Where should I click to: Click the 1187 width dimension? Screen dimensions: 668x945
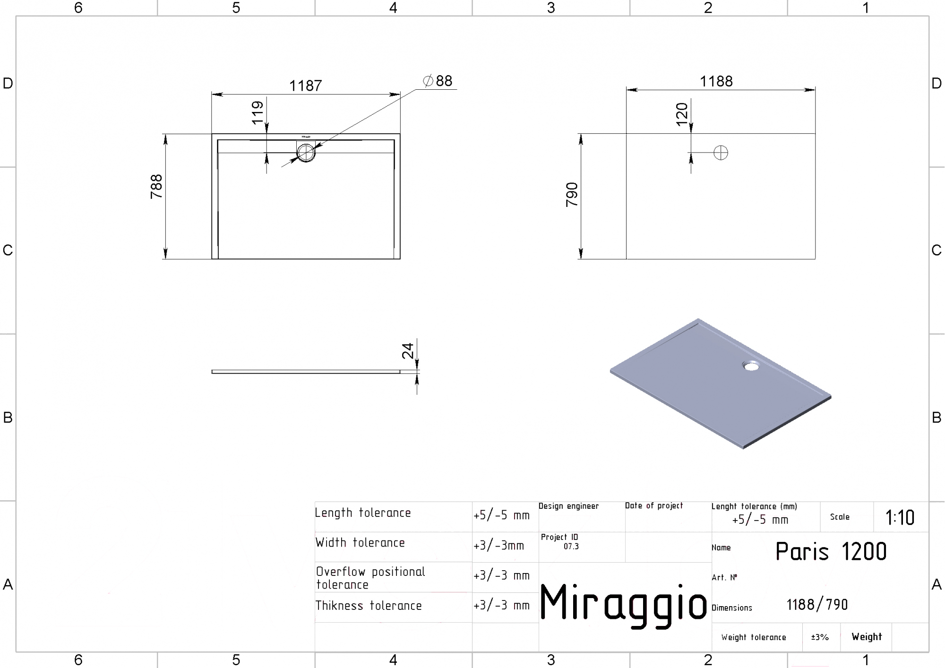click(x=305, y=86)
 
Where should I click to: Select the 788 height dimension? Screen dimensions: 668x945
click(x=156, y=187)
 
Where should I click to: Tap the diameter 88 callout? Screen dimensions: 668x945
click(x=438, y=81)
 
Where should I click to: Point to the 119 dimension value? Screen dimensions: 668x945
click(x=258, y=112)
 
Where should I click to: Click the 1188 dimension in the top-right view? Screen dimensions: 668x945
click(x=716, y=82)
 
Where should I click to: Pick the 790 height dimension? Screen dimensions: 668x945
click(x=572, y=194)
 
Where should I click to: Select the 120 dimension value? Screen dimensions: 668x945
click(x=682, y=114)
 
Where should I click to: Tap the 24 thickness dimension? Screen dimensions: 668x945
click(x=408, y=351)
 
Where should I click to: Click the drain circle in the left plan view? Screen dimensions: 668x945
click(x=306, y=153)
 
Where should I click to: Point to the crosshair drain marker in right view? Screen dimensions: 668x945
click(x=721, y=153)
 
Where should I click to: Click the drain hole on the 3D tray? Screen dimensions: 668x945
click(x=751, y=366)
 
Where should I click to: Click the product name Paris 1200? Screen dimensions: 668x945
click(x=831, y=551)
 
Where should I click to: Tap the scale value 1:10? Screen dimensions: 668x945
click(x=900, y=518)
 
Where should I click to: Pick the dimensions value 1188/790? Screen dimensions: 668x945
click(x=817, y=605)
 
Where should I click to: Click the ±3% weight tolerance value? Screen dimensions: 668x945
click(x=820, y=637)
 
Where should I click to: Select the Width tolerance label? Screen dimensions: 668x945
click(x=360, y=543)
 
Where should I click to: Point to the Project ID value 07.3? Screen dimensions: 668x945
click(x=571, y=547)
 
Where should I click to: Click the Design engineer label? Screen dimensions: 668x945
click(x=568, y=506)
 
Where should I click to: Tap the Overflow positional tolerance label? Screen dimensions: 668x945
click(x=370, y=578)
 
